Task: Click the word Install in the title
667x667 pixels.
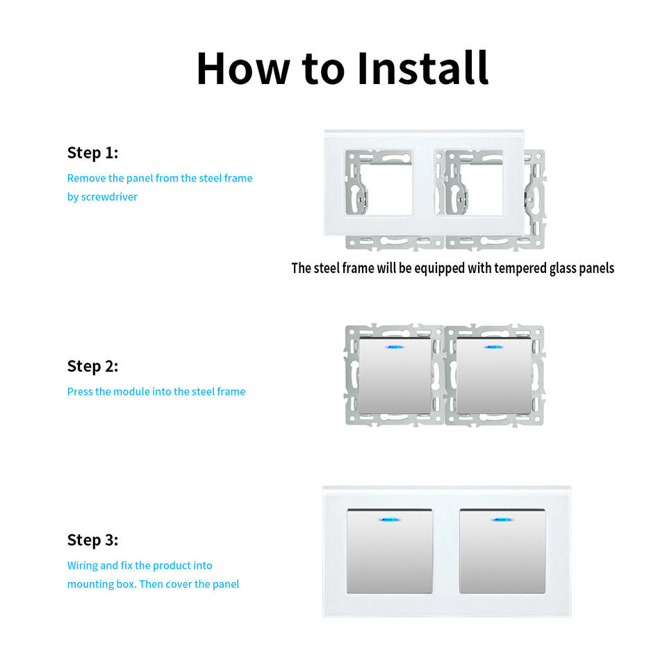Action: coord(423,68)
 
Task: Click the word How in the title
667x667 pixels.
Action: coord(243,68)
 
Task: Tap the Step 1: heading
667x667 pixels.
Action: coord(92,153)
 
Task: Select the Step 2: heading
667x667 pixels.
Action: coord(92,366)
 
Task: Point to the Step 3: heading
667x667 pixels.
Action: coord(92,541)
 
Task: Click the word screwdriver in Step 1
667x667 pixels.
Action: coord(109,197)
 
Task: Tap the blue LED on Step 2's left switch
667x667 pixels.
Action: coord(395,347)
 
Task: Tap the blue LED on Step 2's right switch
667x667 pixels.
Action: coord(493,347)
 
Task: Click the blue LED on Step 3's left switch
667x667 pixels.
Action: coord(389,520)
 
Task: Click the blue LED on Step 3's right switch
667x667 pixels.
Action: coord(502,520)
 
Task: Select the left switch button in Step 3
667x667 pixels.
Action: coord(390,551)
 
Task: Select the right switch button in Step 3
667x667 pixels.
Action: coord(502,551)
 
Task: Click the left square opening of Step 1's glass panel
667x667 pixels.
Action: coord(379,182)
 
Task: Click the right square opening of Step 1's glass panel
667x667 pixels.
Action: coord(469,182)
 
